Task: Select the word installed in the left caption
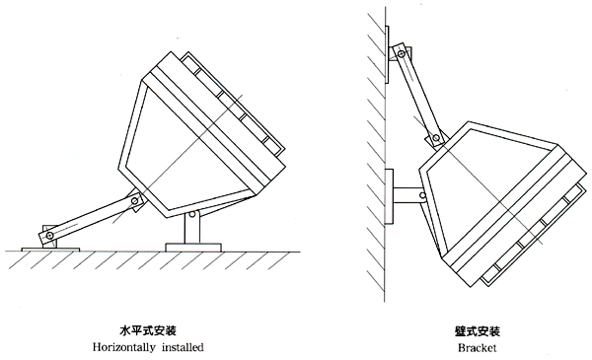[183, 347]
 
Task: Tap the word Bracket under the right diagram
[478, 347]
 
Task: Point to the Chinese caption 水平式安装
[148, 331]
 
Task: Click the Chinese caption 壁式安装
[478, 331]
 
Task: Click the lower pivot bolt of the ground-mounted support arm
[49, 236]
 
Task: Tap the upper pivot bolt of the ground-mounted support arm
[134, 201]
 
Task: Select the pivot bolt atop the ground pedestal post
[192, 214]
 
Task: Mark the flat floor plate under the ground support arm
[51, 250]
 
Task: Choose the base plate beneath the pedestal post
[193, 248]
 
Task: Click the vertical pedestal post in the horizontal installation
[192, 228]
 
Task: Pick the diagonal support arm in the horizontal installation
[91, 219]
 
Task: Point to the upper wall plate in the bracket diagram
[387, 54]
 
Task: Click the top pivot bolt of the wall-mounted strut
[402, 54]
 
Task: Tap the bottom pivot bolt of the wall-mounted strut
[436, 138]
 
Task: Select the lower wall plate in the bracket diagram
[389, 196]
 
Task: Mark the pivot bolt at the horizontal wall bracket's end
[423, 195]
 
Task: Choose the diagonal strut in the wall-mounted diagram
[419, 96]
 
